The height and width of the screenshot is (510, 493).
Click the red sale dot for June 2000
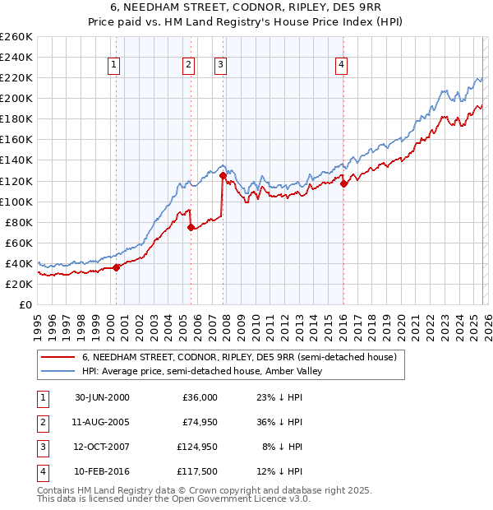click(x=117, y=267)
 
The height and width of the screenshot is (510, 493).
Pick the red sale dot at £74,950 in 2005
click(x=191, y=227)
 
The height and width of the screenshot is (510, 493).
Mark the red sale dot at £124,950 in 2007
click(x=223, y=175)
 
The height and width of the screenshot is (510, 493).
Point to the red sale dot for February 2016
click(x=343, y=183)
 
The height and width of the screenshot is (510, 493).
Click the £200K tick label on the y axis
click(x=16, y=99)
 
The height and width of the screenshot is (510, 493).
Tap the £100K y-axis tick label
click(x=16, y=202)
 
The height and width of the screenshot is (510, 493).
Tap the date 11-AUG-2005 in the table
click(x=102, y=422)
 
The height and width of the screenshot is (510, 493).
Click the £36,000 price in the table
click(x=198, y=397)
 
